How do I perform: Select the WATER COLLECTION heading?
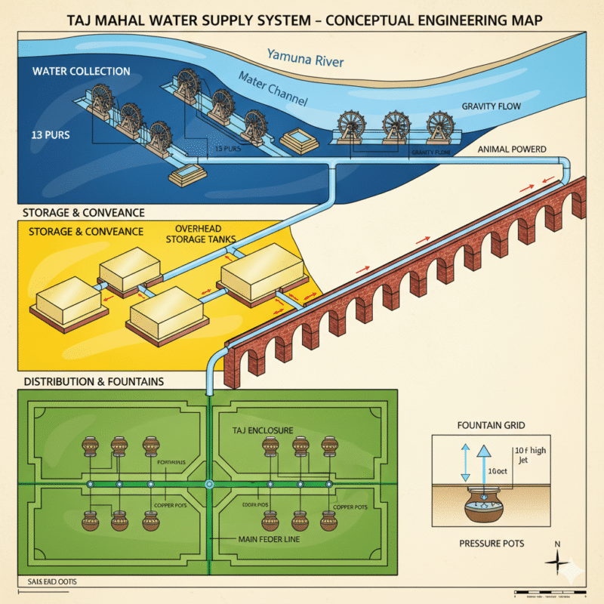click(x=81, y=72)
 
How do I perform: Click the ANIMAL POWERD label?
click(x=512, y=149)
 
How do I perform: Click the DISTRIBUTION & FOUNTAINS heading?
click(x=94, y=381)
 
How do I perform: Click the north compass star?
click(x=558, y=562)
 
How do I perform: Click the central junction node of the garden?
click(x=209, y=484)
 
